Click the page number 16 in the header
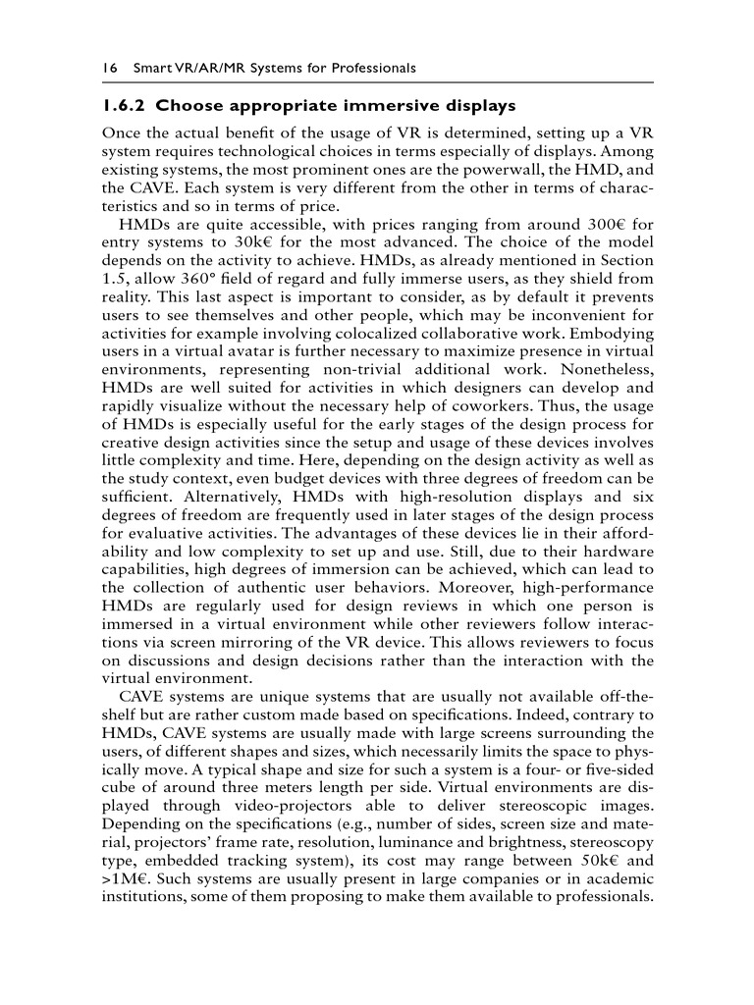pyautogui.click(x=109, y=68)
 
